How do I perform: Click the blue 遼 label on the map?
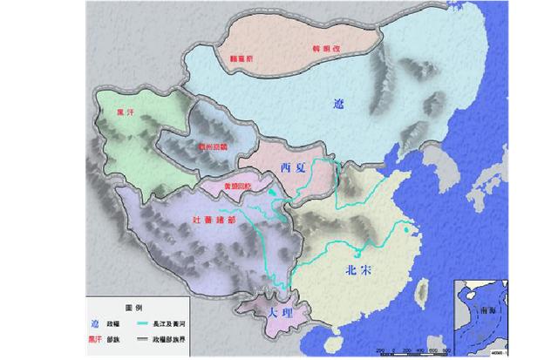coord(339,104)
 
